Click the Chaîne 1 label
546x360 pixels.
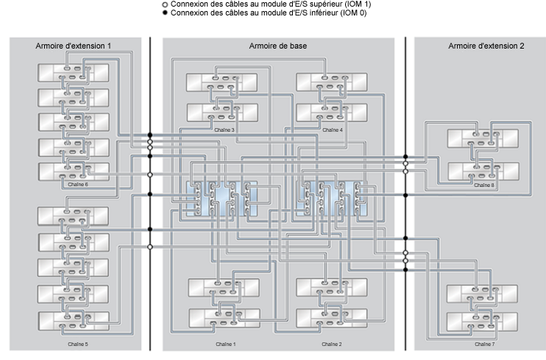point(226,345)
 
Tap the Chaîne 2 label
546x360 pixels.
point(331,345)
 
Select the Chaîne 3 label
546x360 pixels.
point(224,130)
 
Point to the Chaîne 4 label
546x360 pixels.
point(333,130)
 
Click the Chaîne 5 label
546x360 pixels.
point(78,345)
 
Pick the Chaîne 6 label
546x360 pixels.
point(78,184)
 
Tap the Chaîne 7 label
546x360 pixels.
point(485,345)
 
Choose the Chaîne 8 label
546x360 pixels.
point(484,185)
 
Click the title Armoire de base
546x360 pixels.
point(278,46)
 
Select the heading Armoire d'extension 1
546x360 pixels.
point(73,46)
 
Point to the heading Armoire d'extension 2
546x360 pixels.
point(486,46)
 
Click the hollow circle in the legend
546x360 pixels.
point(165,5)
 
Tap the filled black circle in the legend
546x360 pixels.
point(165,13)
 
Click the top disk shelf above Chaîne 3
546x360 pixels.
point(221,82)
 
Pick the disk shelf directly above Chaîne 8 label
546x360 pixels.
point(483,171)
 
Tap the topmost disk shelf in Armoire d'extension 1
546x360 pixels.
point(74,73)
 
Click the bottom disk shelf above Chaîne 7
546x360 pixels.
point(482,322)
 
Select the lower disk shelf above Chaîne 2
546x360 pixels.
point(332,318)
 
